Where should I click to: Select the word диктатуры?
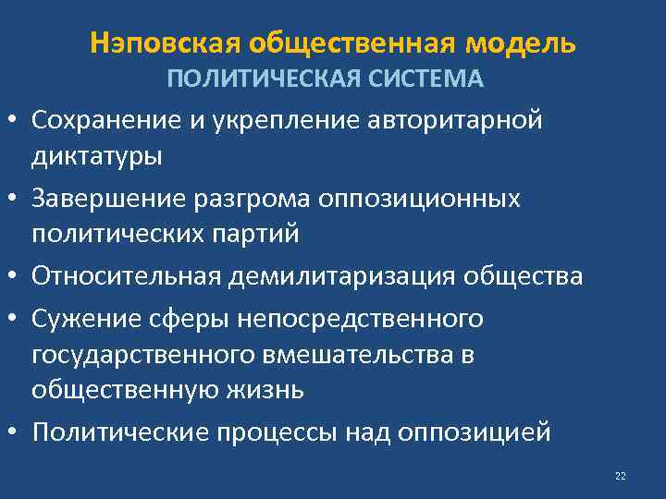(97, 155)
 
